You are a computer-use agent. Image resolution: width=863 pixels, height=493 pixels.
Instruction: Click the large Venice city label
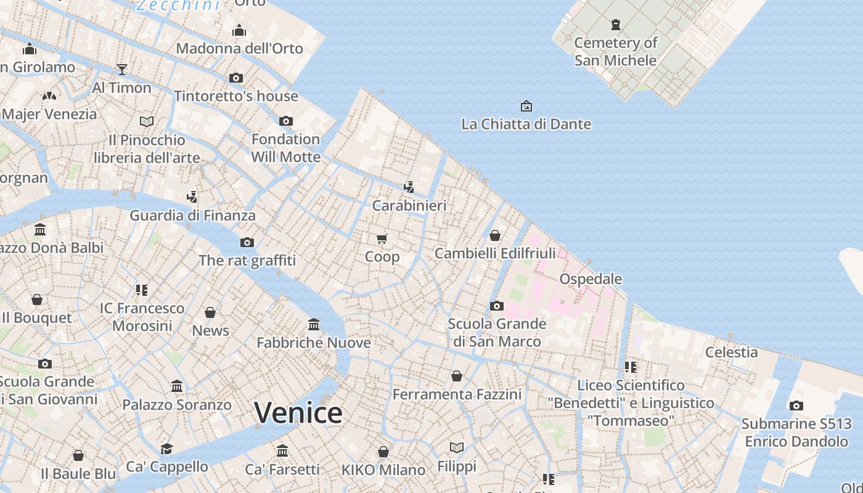click(x=298, y=413)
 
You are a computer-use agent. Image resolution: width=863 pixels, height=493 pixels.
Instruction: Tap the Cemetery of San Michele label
click(x=616, y=52)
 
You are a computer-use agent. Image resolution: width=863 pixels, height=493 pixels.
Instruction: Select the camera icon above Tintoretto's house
click(x=236, y=78)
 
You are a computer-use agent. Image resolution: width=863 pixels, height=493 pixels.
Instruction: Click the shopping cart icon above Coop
click(x=382, y=238)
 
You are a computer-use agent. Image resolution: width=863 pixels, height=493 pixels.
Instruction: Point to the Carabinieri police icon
click(x=409, y=187)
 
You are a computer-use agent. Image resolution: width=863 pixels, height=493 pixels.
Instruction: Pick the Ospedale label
click(x=591, y=279)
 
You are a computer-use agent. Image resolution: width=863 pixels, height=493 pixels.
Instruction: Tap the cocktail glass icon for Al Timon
click(x=122, y=69)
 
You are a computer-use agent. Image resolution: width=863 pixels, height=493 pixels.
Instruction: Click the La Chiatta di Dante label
click(x=526, y=124)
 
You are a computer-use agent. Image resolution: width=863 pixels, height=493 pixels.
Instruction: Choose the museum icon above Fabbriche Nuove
click(x=314, y=324)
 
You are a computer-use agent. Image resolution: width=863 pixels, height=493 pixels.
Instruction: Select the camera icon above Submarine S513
click(x=796, y=405)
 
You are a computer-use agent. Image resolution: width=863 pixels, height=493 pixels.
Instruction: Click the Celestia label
click(x=731, y=352)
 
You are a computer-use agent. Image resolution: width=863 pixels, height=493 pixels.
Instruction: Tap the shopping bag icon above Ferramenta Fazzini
click(x=457, y=376)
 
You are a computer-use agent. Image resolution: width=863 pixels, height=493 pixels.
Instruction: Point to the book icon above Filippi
click(x=457, y=447)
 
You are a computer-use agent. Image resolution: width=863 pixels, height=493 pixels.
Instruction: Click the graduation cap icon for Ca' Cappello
click(x=166, y=449)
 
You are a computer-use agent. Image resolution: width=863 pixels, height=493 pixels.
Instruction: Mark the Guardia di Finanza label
click(x=192, y=216)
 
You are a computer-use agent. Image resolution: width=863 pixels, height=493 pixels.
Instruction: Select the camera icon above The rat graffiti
click(x=247, y=242)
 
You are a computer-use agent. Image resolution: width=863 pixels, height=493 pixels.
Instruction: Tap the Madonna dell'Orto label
click(x=239, y=49)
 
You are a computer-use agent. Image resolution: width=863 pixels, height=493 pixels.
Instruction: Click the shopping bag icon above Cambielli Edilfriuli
click(x=495, y=235)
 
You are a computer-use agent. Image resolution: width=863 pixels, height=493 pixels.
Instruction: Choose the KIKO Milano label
click(x=383, y=470)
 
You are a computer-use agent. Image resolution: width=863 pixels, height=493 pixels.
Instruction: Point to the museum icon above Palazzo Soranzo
click(x=177, y=386)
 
